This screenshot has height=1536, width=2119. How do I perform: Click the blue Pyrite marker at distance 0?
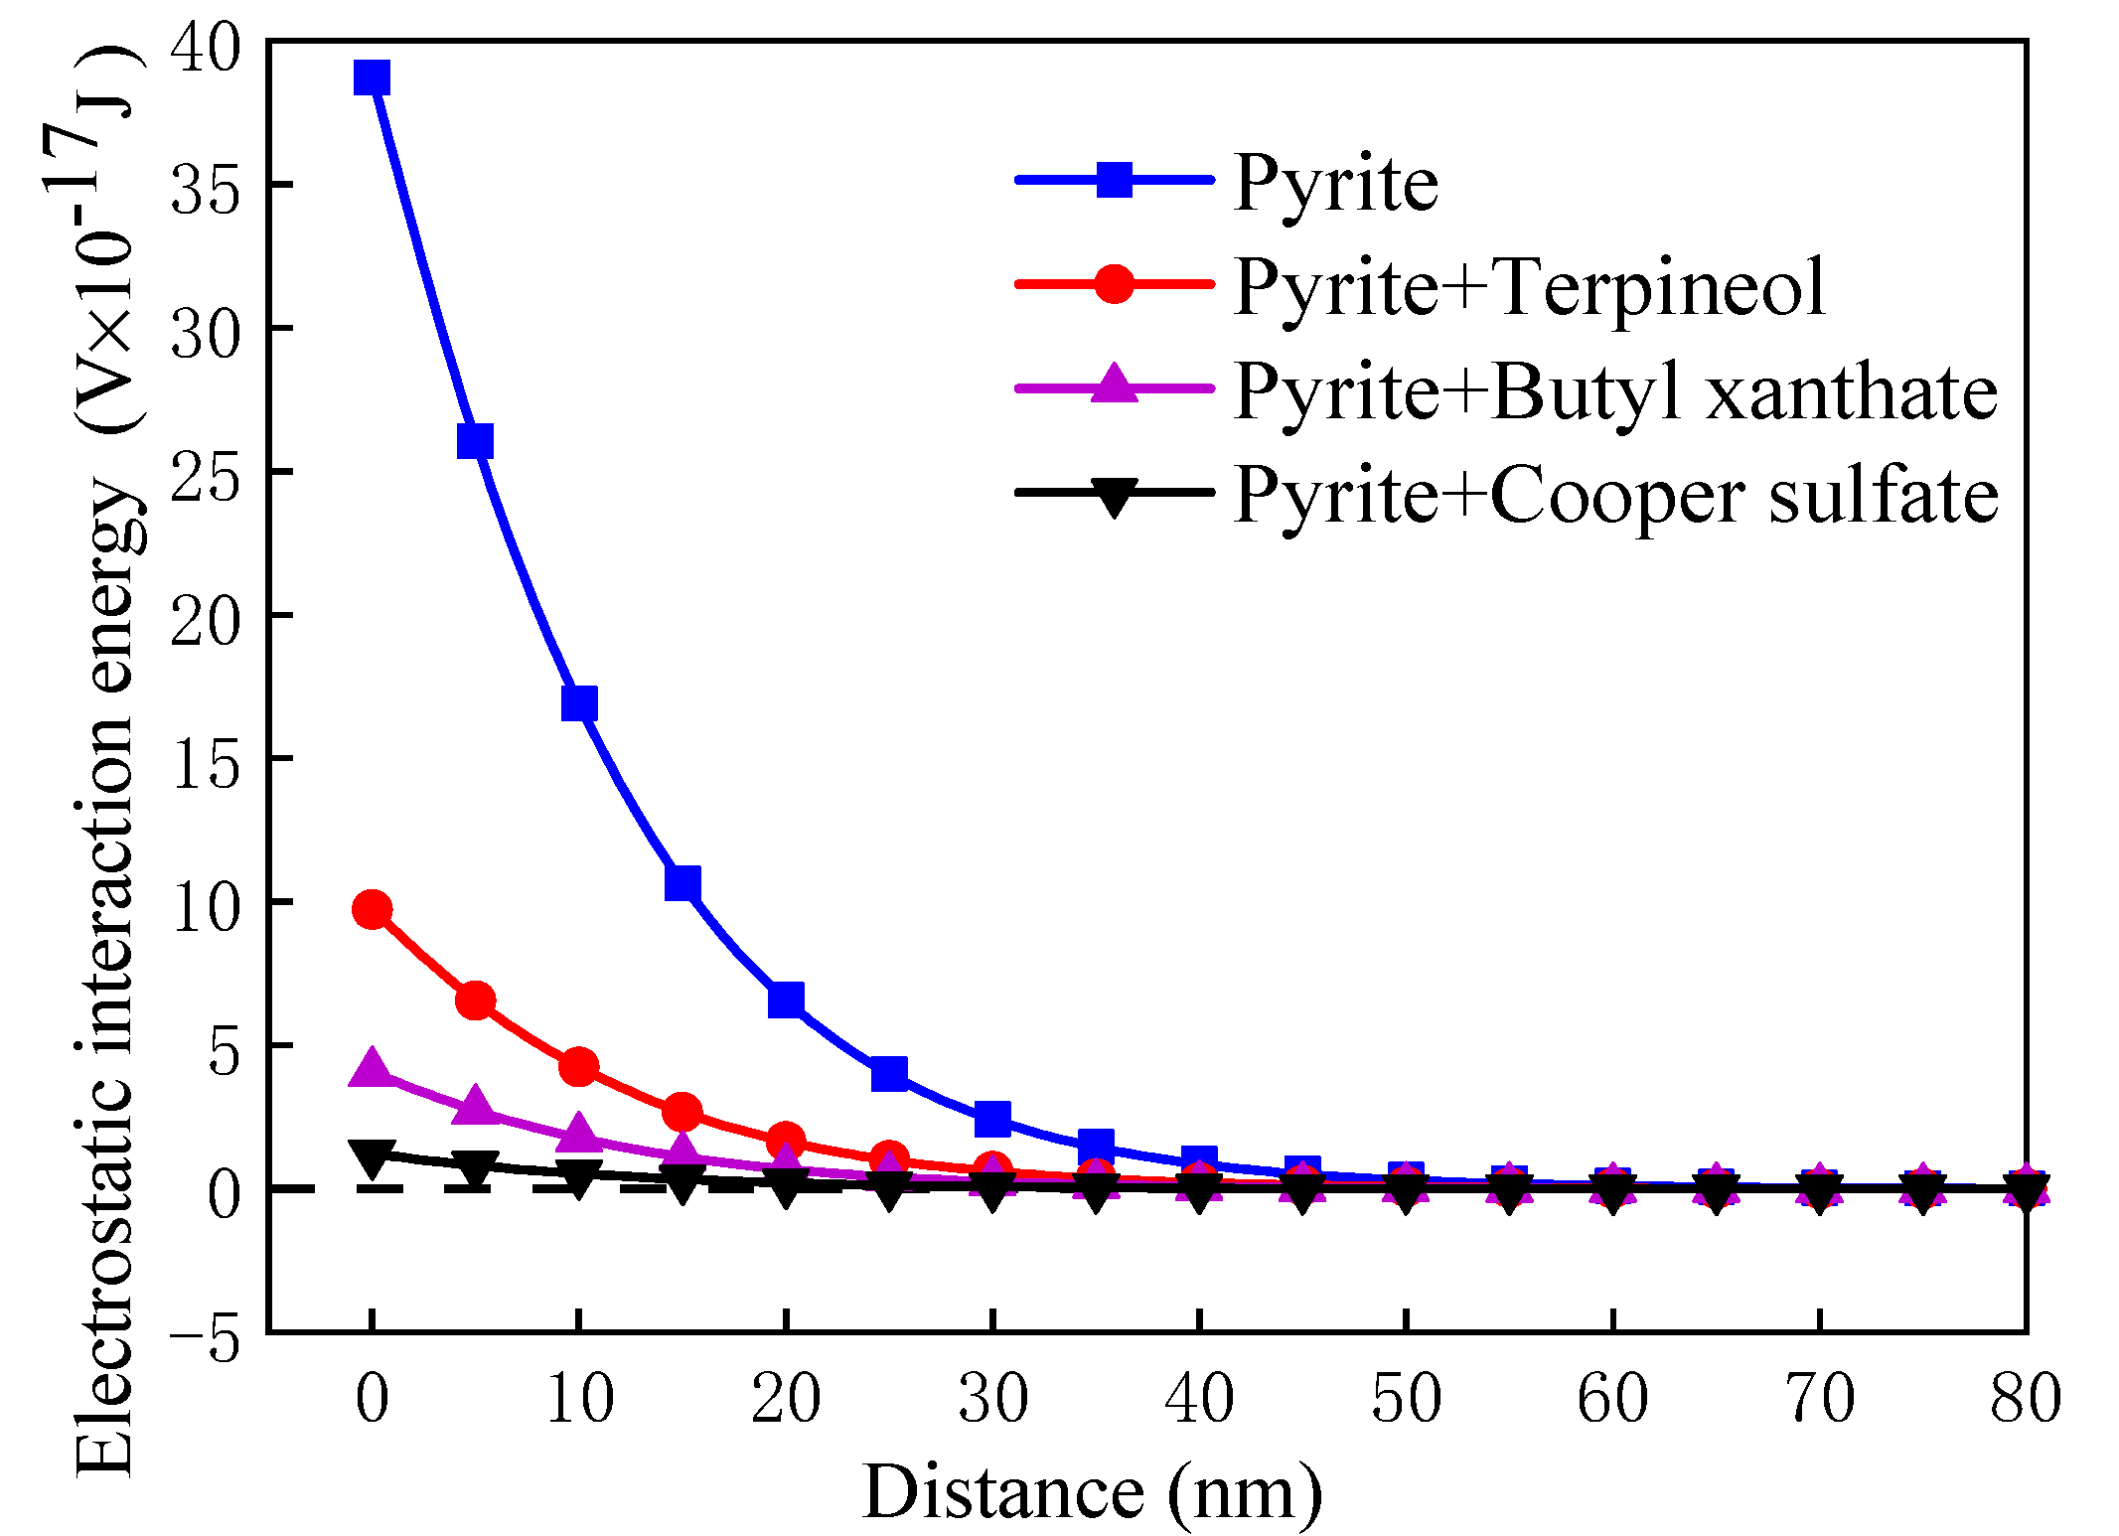tap(372, 77)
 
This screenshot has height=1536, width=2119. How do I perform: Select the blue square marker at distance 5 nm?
tap(475, 441)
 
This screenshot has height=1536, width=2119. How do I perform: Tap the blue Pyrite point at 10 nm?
tap(579, 703)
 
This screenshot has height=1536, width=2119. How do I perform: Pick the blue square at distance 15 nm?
tap(682, 882)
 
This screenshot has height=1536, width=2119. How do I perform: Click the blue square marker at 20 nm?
tap(786, 999)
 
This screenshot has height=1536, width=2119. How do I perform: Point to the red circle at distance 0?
tap(372, 909)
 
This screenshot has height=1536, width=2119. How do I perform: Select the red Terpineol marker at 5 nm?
tap(475, 1000)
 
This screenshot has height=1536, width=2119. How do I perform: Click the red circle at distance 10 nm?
tap(579, 1067)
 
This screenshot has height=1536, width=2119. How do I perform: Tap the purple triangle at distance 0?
tap(372, 1068)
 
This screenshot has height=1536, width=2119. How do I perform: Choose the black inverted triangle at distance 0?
tap(372, 1157)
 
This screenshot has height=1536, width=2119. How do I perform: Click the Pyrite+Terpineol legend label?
tap(1529, 287)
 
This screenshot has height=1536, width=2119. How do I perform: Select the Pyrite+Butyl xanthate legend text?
tap(1614, 391)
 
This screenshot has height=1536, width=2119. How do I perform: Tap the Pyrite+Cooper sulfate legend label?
tap(1615, 495)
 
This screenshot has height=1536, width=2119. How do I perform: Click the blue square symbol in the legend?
tap(1114, 180)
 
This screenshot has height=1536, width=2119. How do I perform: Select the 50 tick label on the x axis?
tap(1406, 1400)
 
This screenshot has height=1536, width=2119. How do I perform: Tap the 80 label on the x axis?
tap(2025, 1400)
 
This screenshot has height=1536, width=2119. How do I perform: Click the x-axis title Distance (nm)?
tap(1093, 1491)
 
